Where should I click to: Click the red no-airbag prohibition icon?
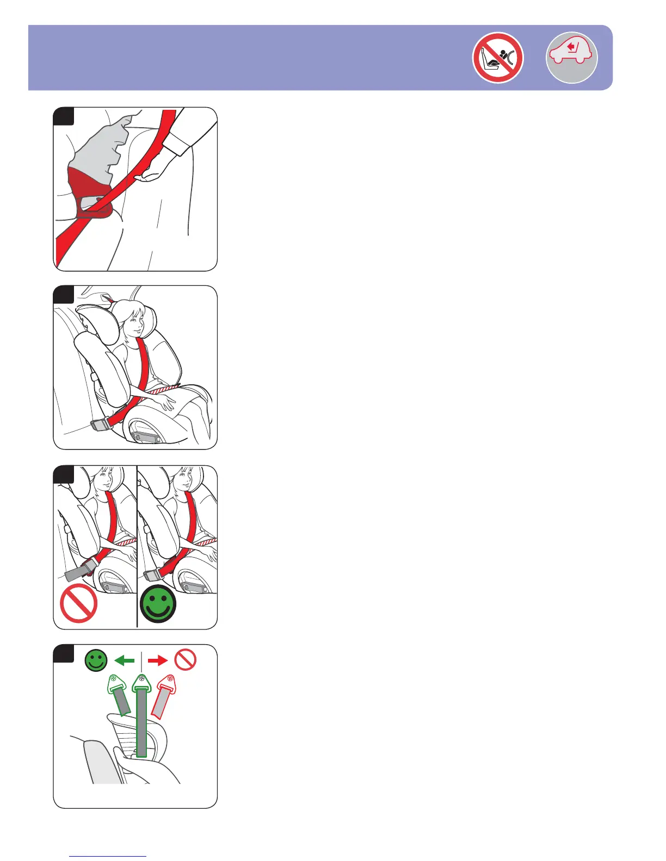(x=498, y=58)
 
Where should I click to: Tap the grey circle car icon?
(x=571, y=58)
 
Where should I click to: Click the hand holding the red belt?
(x=153, y=173)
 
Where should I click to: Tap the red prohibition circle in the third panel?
(x=79, y=603)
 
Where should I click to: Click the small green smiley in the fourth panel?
(x=96, y=661)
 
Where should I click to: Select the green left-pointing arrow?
(x=125, y=661)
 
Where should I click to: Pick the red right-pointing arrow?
(x=158, y=661)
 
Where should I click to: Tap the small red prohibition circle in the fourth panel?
(x=185, y=661)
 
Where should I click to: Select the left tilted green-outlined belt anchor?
(x=119, y=696)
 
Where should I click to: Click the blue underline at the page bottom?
(x=108, y=857)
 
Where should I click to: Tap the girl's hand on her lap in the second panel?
(x=165, y=401)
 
